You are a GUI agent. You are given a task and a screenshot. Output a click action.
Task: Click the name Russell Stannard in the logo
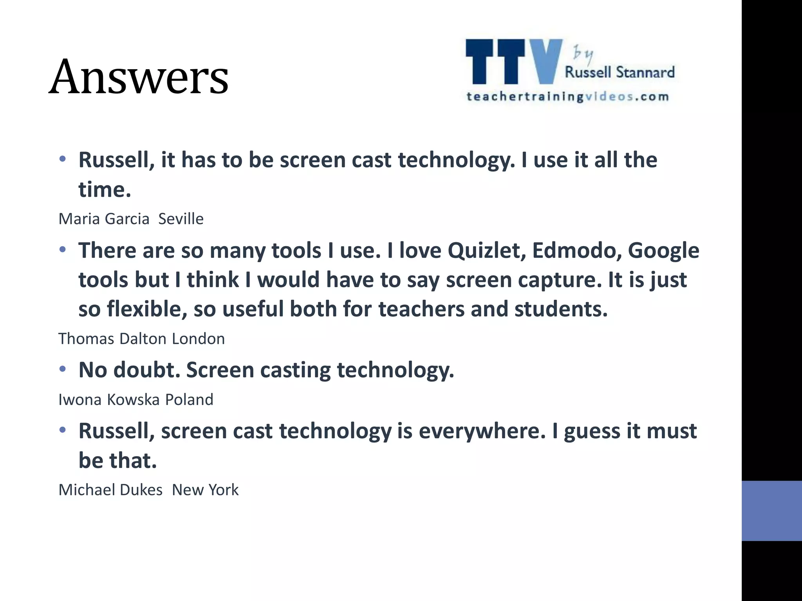(620, 72)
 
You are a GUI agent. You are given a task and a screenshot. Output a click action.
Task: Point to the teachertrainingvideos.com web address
(567, 97)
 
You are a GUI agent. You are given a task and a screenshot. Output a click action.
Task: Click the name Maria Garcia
(104, 219)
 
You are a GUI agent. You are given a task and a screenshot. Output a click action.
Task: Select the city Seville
(181, 219)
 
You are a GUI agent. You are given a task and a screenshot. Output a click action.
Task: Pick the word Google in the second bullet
(663, 251)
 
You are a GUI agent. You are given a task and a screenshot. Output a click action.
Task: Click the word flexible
(145, 309)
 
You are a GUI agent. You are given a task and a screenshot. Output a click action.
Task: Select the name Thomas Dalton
(112, 339)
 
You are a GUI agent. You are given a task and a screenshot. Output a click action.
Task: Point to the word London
(199, 339)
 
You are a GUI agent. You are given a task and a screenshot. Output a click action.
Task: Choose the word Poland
(189, 400)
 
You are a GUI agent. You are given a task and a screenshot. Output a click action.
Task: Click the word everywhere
(482, 431)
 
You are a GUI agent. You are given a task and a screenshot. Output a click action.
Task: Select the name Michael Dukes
(110, 490)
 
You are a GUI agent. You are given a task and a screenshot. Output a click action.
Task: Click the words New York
(205, 490)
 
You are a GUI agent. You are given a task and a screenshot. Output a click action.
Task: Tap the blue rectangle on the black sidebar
(771, 511)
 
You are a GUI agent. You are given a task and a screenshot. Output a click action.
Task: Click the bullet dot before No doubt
(63, 369)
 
